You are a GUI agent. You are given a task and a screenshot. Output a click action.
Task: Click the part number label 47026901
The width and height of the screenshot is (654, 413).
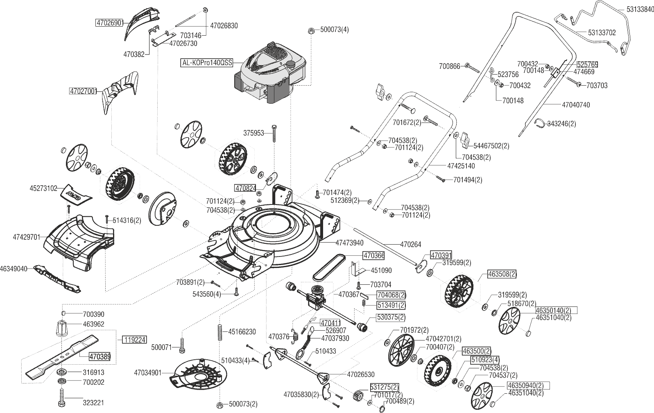point(109,23)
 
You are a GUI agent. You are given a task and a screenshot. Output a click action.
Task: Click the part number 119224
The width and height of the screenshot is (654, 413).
point(134,340)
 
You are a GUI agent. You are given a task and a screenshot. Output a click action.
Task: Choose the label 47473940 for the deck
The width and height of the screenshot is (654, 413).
point(349,243)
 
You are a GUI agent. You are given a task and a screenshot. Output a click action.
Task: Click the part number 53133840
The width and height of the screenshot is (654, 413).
point(640,9)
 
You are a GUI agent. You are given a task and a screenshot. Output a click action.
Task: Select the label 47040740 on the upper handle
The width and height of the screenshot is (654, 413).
point(576,105)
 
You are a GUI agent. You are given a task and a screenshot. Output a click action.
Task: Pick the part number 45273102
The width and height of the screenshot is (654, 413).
point(43,188)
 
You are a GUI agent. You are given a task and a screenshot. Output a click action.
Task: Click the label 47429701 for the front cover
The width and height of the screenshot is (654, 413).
point(26,237)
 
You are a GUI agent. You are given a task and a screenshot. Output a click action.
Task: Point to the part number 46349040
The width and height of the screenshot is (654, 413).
point(14,269)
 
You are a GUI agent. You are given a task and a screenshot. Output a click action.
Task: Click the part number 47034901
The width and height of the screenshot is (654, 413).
point(147,373)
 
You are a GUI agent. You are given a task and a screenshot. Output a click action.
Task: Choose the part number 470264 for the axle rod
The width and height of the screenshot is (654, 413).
point(410,245)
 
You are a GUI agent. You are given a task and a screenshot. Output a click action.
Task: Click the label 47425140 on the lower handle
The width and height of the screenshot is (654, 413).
point(461,166)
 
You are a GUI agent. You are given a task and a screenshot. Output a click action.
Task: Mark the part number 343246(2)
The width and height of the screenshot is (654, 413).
point(561,124)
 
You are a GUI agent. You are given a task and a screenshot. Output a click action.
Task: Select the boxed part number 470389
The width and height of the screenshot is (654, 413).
point(100,357)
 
